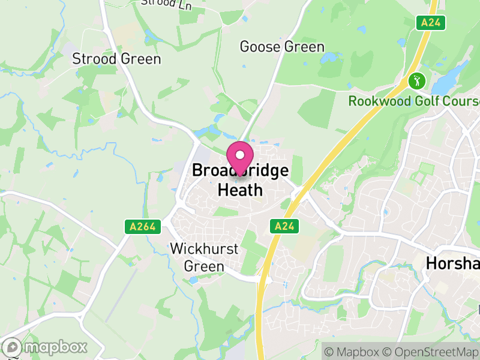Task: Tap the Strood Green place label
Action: (x=116, y=59)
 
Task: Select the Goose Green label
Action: (x=282, y=47)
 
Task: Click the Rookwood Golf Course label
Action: (x=414, y=101)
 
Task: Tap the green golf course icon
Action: (x=416, y=80)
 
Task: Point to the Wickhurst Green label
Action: (x=204, y=257)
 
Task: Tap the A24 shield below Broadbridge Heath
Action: (x=284, y=226)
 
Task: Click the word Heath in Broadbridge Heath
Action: (x=240, y=190)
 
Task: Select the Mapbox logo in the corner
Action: (x=46, y=347)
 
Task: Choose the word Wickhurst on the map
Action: (x=204, y=248)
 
